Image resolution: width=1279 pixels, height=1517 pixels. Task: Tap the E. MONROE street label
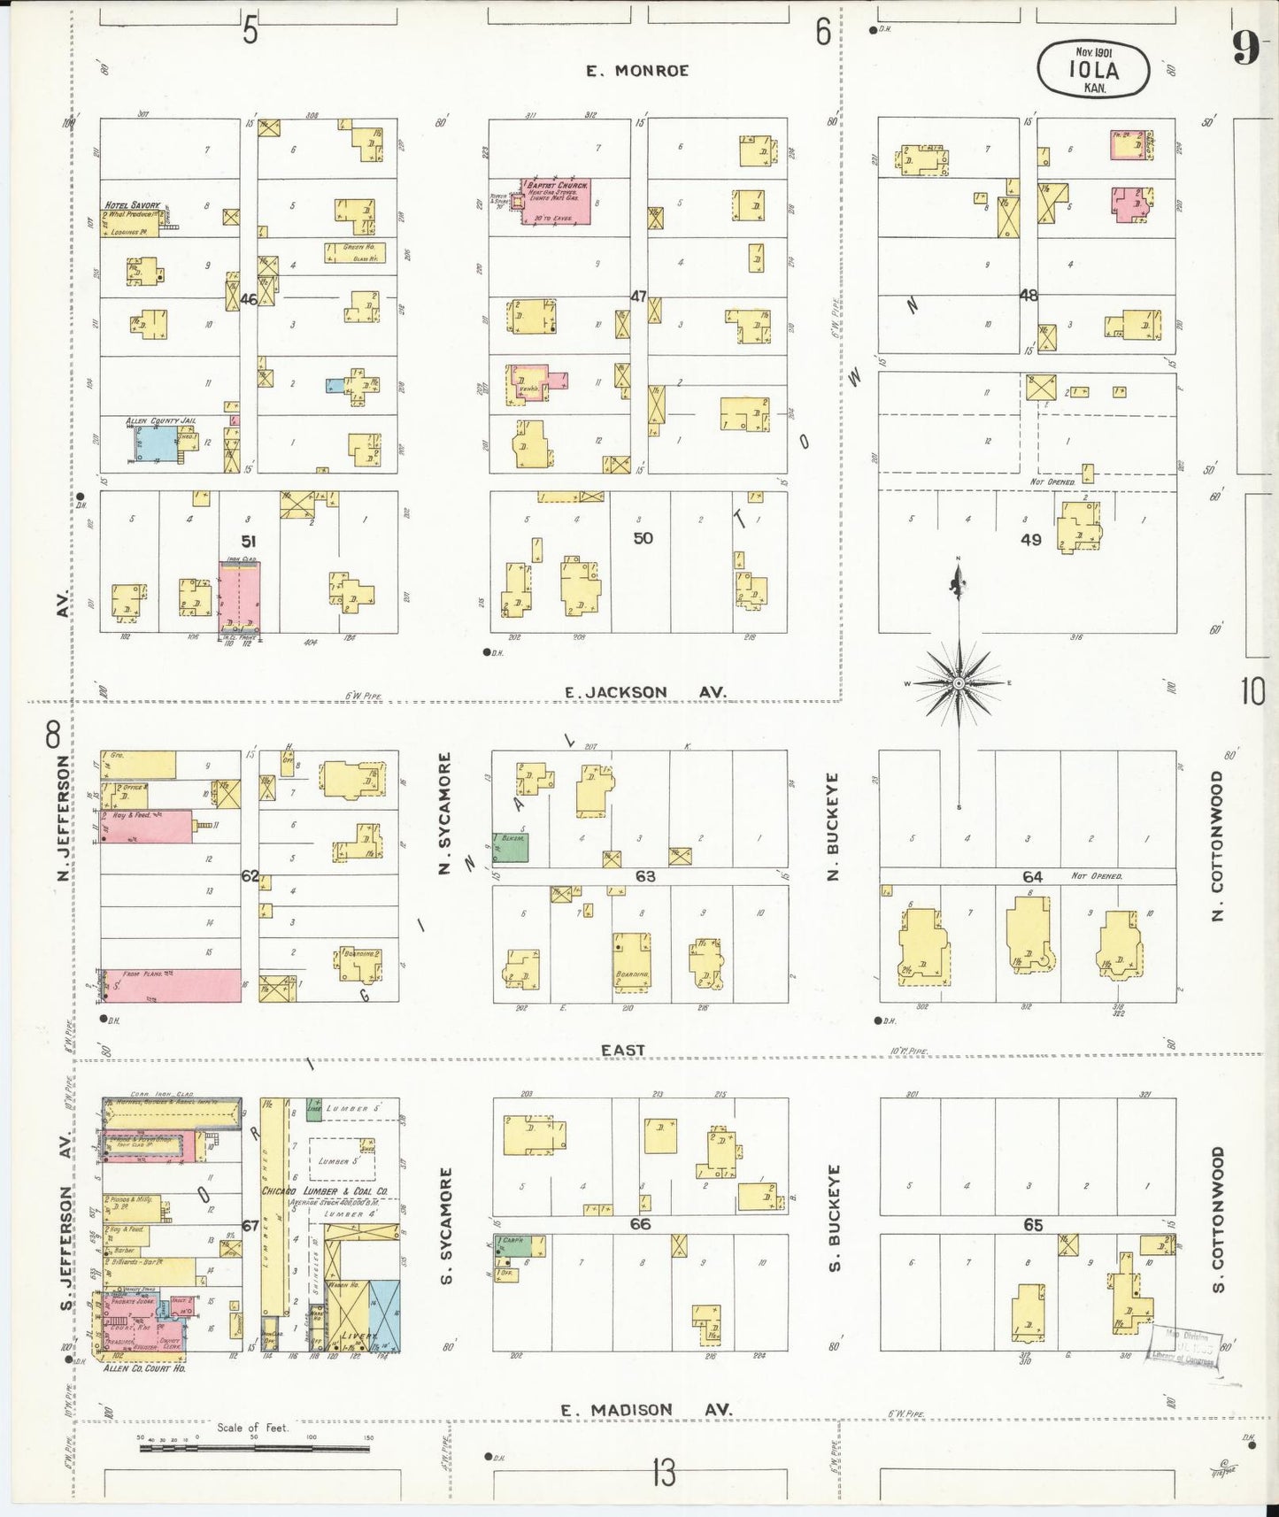637,71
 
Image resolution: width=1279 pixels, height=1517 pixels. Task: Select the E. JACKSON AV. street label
646,692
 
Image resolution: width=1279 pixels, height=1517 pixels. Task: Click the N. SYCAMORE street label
445,813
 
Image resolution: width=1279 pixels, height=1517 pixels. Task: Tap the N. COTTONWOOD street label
1218,845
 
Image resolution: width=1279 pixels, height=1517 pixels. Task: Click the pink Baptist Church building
556,202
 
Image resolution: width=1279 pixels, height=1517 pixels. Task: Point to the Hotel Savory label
132,205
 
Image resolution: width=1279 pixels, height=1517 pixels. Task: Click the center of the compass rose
959,683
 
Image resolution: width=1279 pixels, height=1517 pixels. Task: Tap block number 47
639,296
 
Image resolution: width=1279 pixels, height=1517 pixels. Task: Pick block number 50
643,537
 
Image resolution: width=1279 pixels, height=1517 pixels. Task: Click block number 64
1032,876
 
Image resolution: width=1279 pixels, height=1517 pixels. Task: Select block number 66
640,1224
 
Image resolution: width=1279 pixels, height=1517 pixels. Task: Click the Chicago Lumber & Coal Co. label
325,1191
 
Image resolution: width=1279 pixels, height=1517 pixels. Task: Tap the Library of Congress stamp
1184,1353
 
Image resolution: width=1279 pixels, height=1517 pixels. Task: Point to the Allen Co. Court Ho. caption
144,1367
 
